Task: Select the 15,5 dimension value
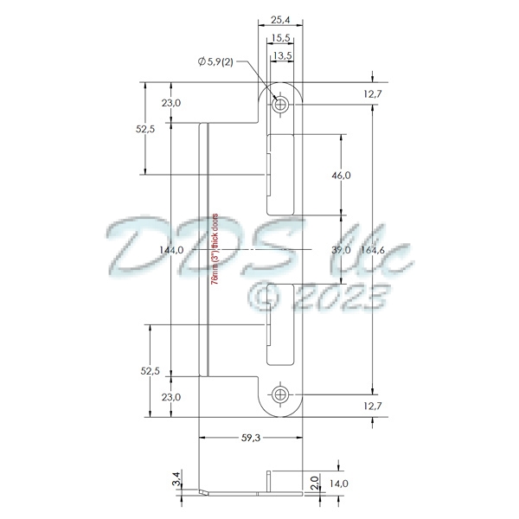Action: coord(279,38)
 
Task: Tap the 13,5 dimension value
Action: coord(282,57)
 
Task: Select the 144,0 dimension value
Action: coord(172,250)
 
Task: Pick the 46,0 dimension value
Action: coord(342,176)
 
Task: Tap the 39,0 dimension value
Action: coord(342,250)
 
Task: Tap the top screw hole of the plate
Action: coord(279,105)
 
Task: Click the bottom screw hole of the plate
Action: coord(279,395)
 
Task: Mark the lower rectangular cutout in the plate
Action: coord(283,324)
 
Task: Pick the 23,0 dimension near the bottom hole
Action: coord(171,397)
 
